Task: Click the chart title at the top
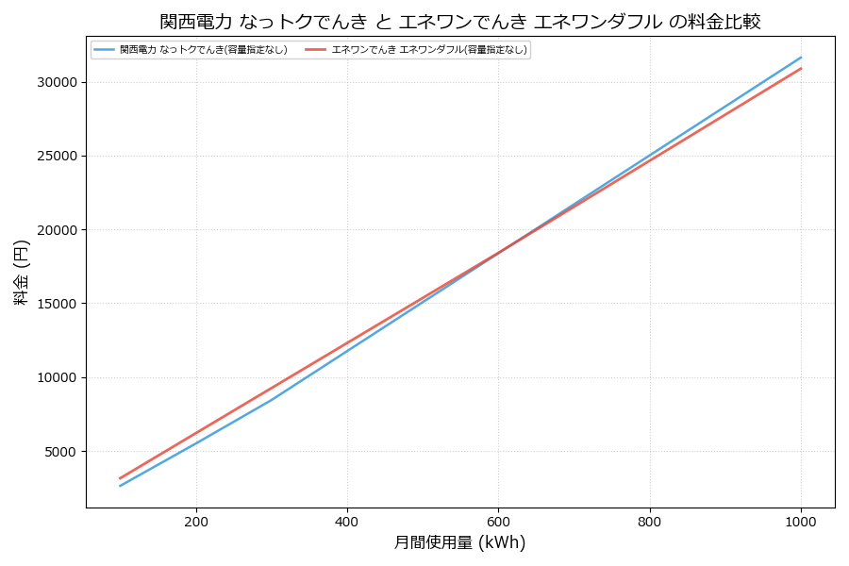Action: point(460,21)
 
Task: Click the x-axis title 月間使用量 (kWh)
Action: point(459,542)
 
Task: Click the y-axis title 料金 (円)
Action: point(21,272)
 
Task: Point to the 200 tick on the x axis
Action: point(196,521)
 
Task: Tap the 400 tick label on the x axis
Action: point(347,521)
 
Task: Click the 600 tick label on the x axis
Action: point(498,521)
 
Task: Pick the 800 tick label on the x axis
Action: point(650,521)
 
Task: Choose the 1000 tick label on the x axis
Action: point(801,521)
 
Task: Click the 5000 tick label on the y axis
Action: point(58,452)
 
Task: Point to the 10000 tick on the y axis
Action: point(55,377)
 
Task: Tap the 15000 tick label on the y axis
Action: point(55,304)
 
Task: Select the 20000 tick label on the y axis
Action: point(55,230)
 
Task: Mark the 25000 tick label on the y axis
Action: point(55,156)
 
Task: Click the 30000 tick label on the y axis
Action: point(55,82)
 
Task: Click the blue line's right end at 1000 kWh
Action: point(801,57)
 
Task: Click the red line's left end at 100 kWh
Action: point(121,478)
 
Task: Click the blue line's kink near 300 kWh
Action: point(272,400)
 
